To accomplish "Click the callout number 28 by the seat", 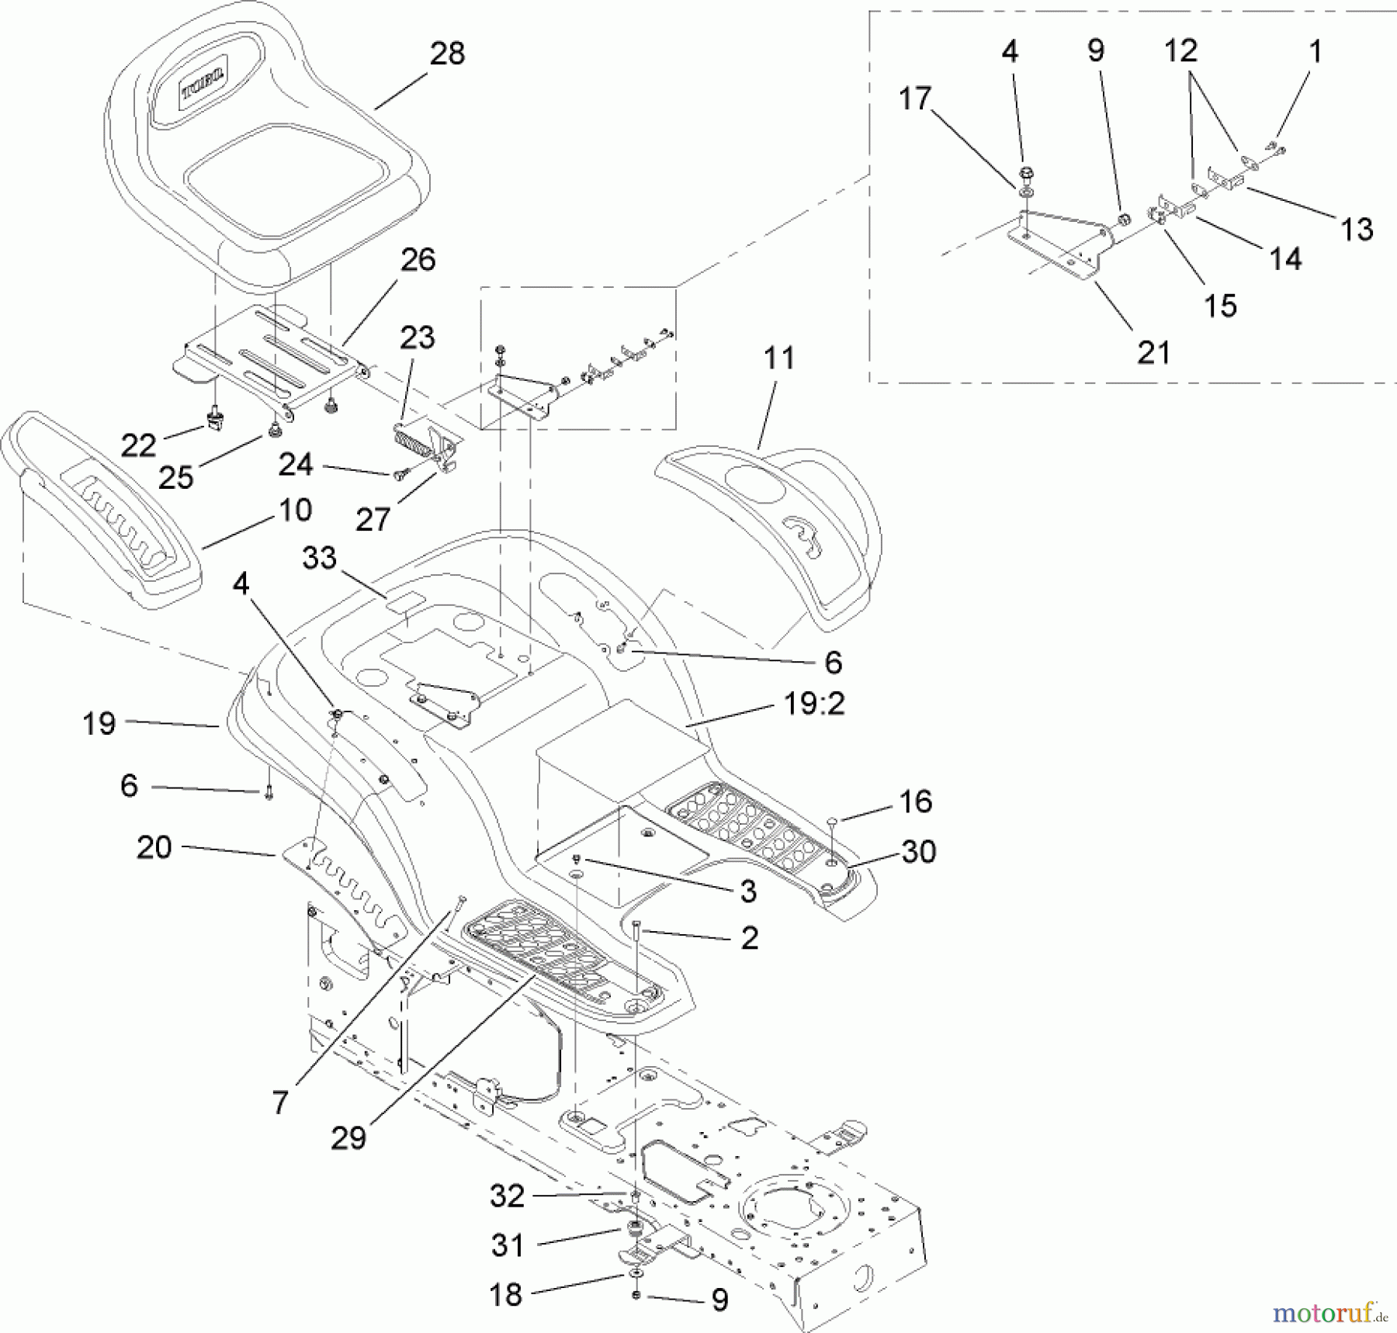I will [x=447, y=54].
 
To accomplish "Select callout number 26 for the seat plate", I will [x=418, y=260].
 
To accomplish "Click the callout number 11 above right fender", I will [x=778, y=358].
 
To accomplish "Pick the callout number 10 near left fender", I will [x=295, y=511].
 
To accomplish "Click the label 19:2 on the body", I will [x=814, y=704].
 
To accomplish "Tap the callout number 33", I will [x=319, y=558].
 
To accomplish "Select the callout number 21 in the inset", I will [x=1153, y=353].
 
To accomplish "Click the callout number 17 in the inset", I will [x=914, y=99].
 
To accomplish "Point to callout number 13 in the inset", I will [x=1357, y=230].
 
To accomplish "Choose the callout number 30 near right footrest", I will [x=918, y=852].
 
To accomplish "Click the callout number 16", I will [x=916, y=802].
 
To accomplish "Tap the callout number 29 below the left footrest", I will [x=348, y=1138].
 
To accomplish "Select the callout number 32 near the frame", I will [x=507, y=1196].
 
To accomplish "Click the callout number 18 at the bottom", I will [x=506, y=1294].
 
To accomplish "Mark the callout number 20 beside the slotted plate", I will [x=154, y=847].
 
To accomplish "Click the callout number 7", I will [x=280, y=1102].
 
